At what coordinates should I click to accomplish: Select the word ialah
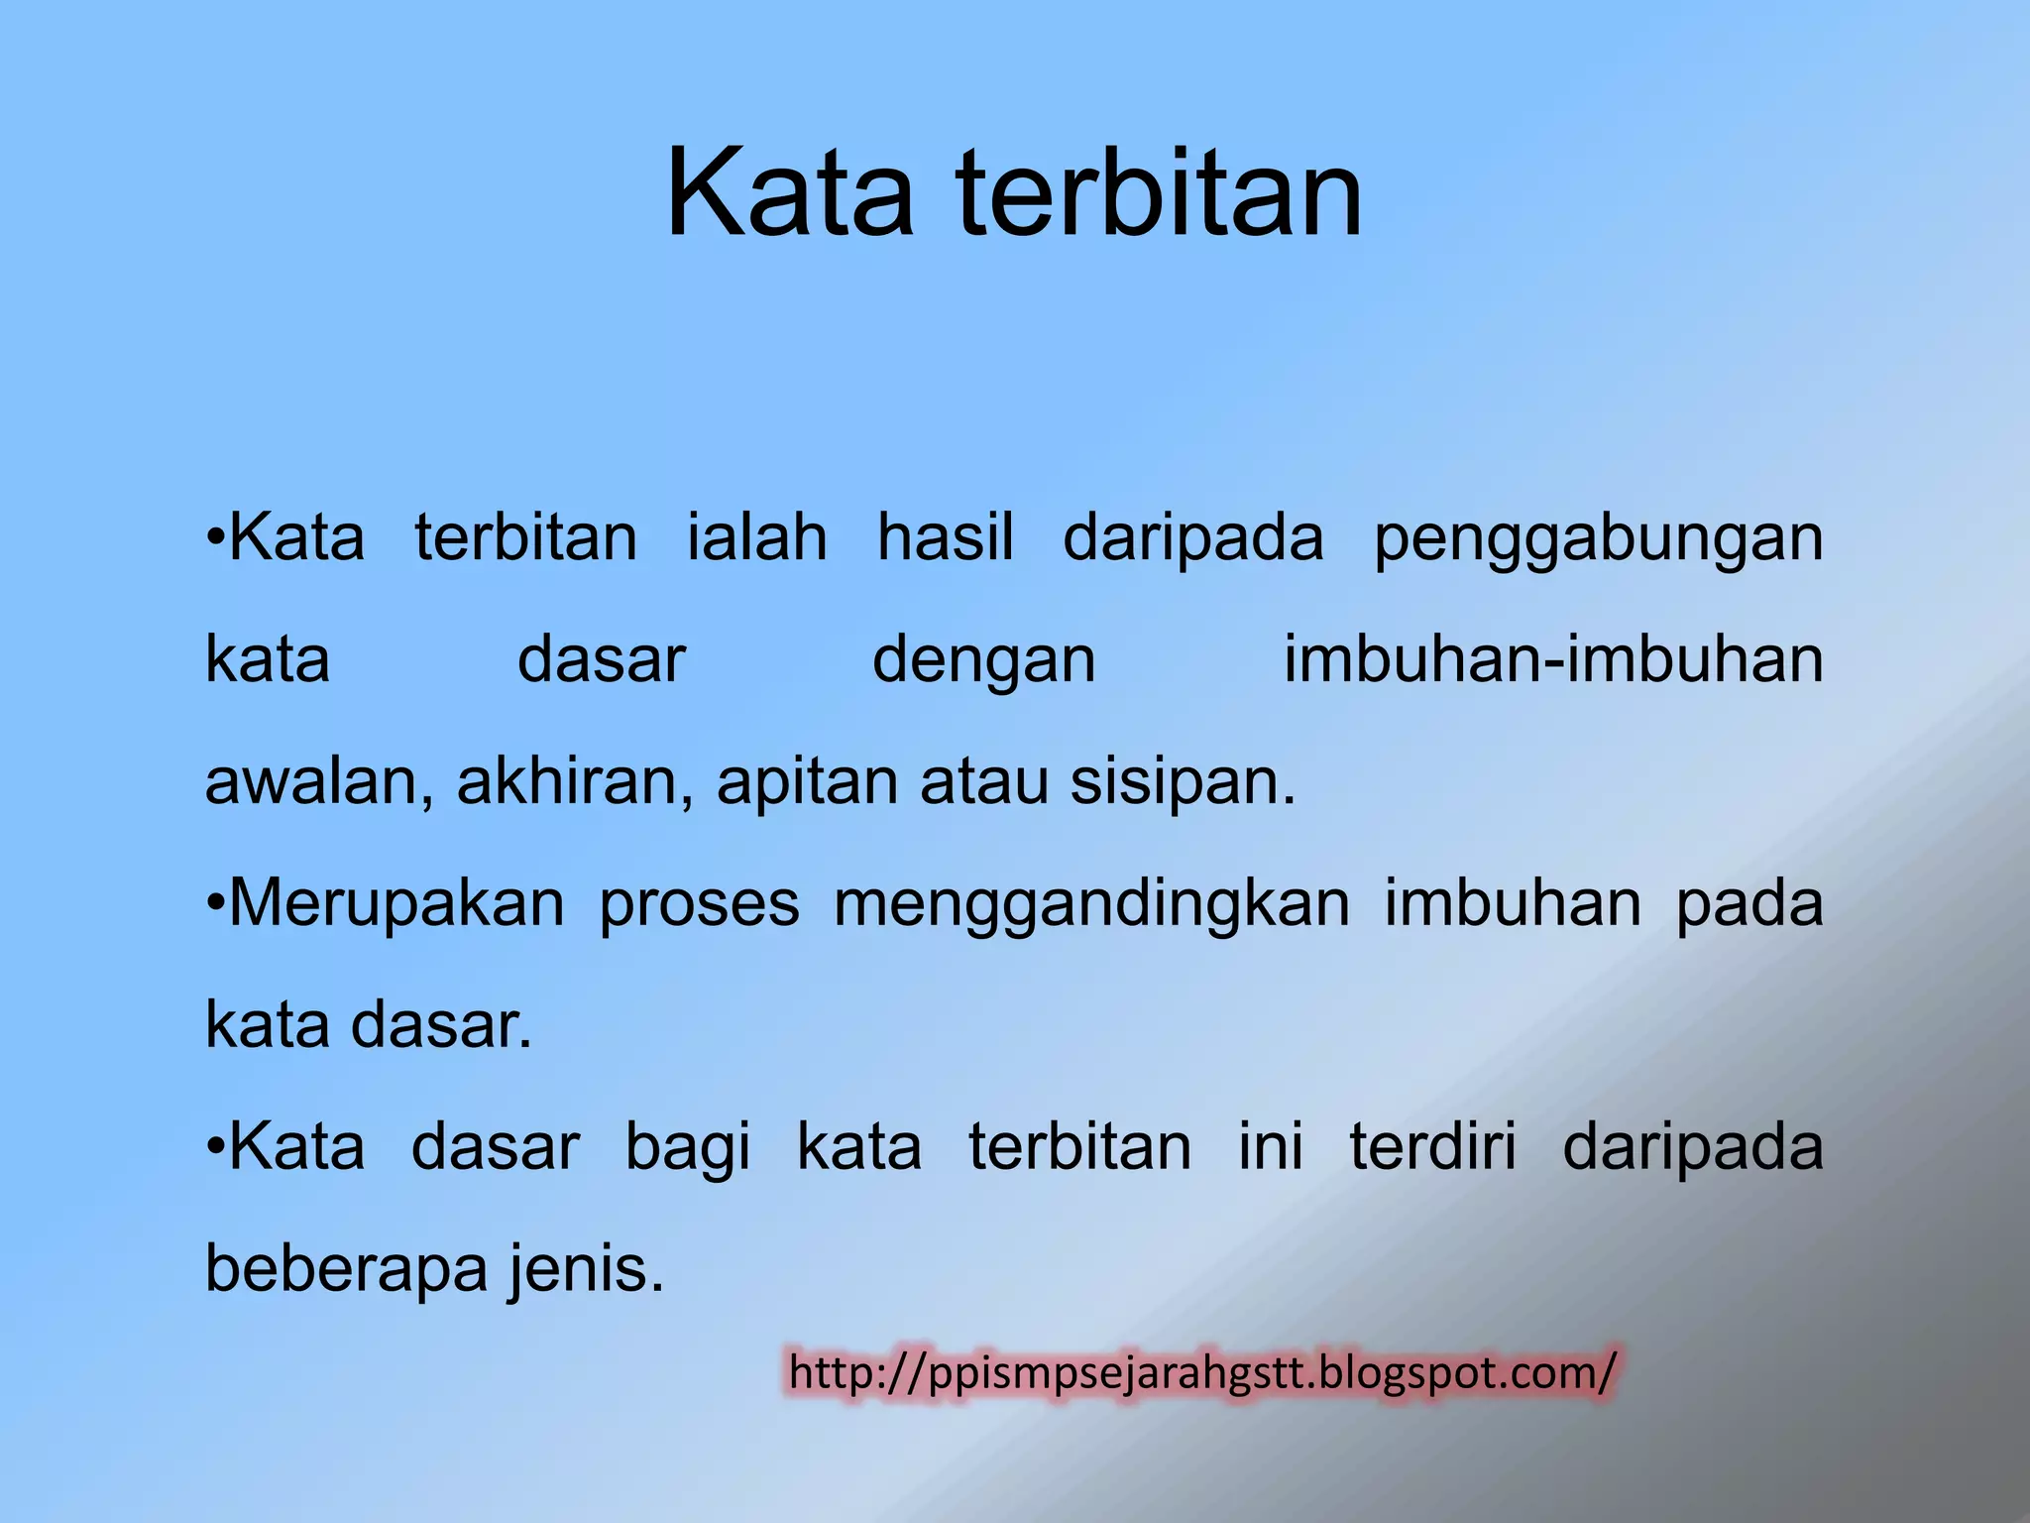[757, 538]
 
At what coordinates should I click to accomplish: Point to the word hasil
[946, 538]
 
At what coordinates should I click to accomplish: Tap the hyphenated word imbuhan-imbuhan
[1553, 660]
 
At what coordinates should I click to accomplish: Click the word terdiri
[1432, 1148]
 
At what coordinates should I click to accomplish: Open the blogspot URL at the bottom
[1202, 1374]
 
